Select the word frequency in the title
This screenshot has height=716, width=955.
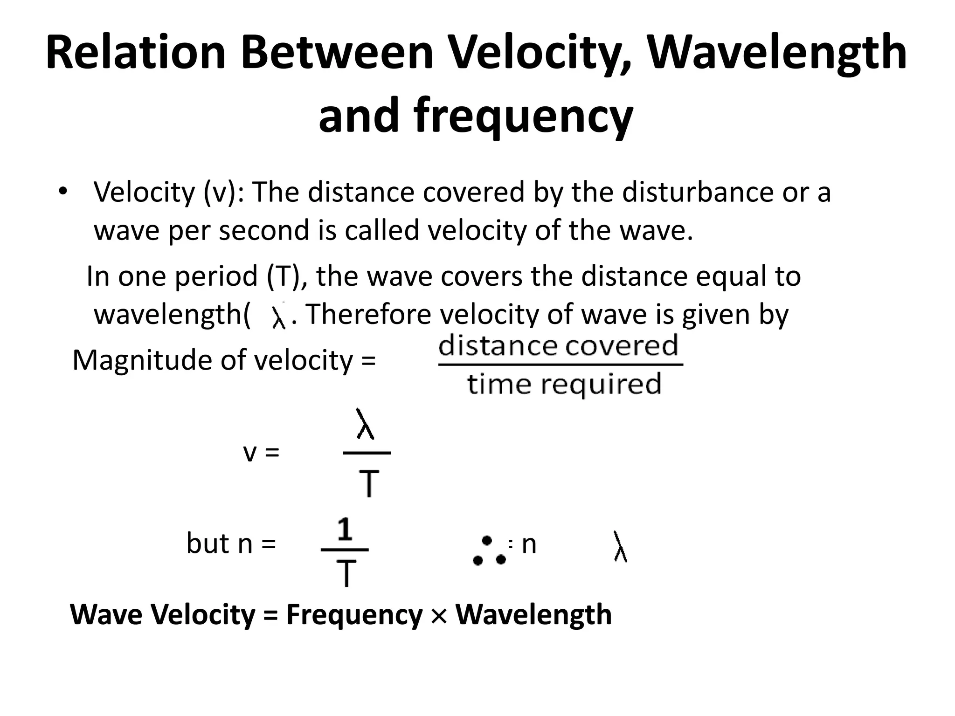click(x=476, y=116)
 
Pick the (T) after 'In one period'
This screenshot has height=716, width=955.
click(x=284, y=276)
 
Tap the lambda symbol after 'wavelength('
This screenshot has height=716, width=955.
click(x=278, y=317)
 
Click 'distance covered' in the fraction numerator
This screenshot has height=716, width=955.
click(x=559, y=346)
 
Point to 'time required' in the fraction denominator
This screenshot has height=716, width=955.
click(x=564, y=384)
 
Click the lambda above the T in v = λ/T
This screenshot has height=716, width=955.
click(x=365, y=424)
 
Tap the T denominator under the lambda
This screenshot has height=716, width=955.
click(x=369, y=484)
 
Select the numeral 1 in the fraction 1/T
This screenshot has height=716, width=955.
click(x=345, y=530)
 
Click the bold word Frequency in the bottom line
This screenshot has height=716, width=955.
click(x=354, y=614)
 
